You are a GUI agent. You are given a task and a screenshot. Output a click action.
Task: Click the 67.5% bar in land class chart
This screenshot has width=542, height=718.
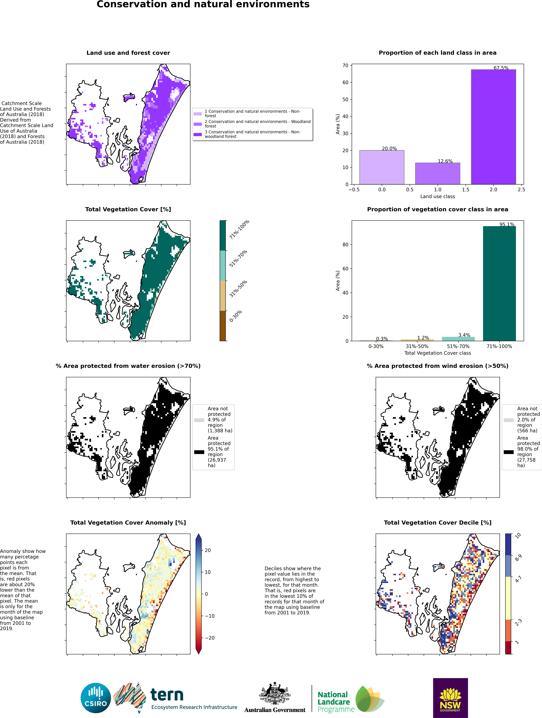point(493,127)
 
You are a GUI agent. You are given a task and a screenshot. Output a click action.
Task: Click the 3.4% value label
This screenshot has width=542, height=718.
point(464,335)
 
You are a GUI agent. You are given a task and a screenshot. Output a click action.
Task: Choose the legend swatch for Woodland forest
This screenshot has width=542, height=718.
point(198,124)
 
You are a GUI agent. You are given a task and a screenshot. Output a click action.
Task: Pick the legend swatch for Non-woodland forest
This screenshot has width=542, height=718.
point(198,134)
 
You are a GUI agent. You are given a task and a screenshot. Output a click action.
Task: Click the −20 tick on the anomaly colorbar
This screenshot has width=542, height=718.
point(210,638)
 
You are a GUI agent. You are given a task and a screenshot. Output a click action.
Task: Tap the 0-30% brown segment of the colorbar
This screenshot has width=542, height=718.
point(223,326)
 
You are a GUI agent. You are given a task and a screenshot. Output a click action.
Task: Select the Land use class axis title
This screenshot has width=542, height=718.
point(437,196)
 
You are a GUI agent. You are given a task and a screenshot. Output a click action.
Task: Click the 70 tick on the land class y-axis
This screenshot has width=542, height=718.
point(345,66)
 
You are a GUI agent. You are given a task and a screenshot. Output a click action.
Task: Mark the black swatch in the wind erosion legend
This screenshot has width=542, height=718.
point(509,452)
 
